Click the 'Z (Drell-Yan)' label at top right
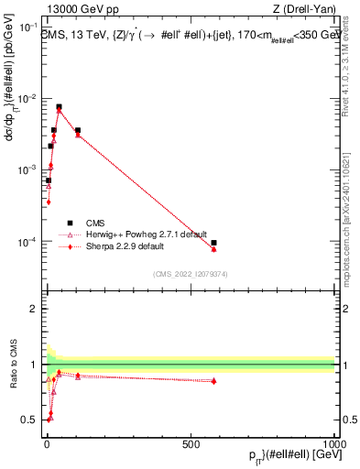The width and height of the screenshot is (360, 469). [304, 10]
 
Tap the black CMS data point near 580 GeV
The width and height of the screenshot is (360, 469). [213, 243]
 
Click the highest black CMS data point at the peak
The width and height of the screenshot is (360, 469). [59, 106]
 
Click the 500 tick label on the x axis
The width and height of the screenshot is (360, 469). [191, 442]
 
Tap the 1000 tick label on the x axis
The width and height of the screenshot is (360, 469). [333, 442]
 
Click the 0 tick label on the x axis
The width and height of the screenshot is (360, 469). [47, 442]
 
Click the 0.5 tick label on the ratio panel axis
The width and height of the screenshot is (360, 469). [31, 420]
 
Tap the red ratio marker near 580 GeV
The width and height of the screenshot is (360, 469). [213, 381]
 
